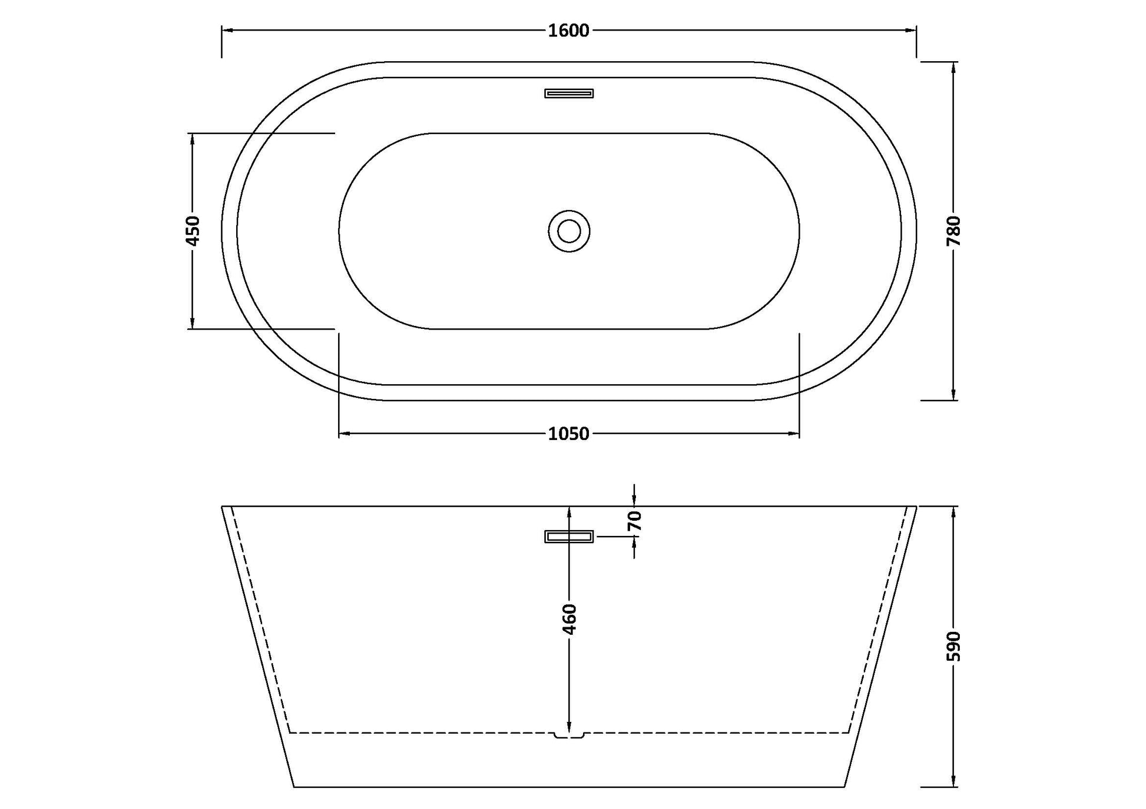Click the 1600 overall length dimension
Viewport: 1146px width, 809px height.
tap(568, 31)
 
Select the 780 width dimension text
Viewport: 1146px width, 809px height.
tap(954, 231)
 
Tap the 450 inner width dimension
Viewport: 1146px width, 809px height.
tap(193, 231)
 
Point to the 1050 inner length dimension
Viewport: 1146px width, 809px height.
tap(568, 434)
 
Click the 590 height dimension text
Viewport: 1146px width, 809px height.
tap(954, 646)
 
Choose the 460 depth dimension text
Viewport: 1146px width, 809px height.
tap(569, 619)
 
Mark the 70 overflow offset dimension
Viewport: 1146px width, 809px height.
tap(634, 521)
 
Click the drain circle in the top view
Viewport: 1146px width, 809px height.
tap(569, 231)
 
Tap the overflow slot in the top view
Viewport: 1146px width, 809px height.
tap(569, 93)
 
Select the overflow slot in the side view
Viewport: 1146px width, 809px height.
tap(569, 537)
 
